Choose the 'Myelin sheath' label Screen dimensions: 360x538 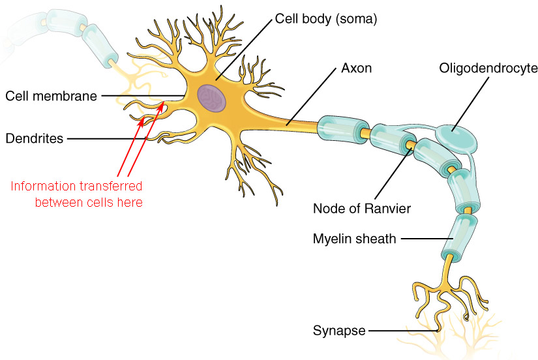click(354, 238)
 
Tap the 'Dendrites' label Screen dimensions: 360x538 click(35, 138)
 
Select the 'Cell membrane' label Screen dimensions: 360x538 click(51, 96)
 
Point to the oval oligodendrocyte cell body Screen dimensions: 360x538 click(455, 136)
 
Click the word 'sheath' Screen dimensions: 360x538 click(376, 238)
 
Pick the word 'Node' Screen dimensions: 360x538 click(326, 209)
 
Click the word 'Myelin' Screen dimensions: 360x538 click(332, 238)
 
